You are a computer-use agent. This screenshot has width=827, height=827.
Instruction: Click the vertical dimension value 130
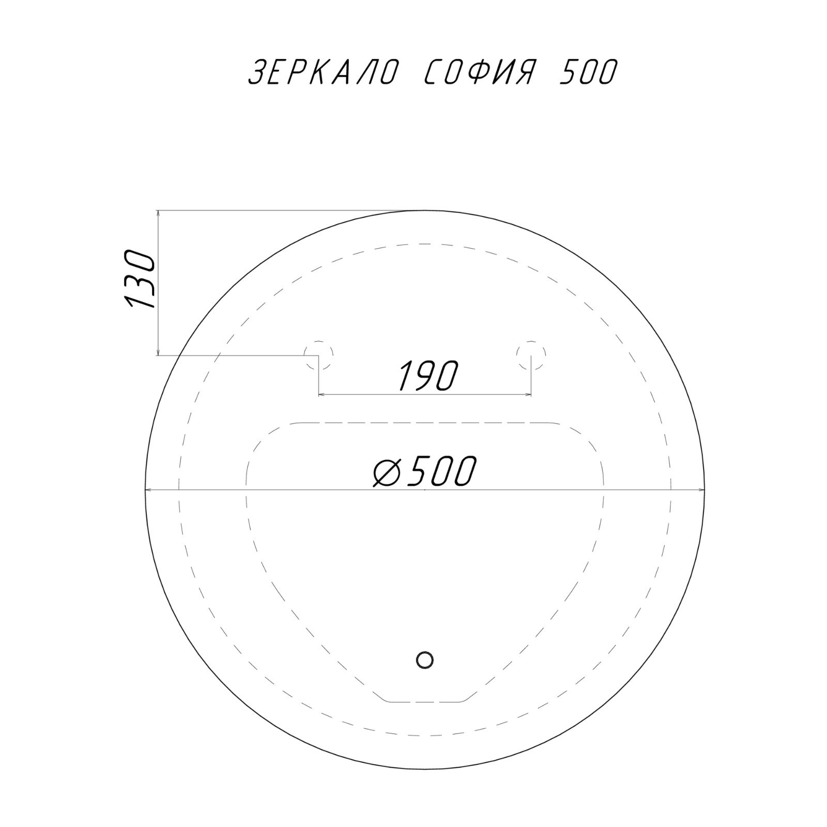(x=140, y=280)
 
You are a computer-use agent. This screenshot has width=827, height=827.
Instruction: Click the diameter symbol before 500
(x=388, y=471)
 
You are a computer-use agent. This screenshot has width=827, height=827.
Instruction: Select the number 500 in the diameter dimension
(x=439, y=471)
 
